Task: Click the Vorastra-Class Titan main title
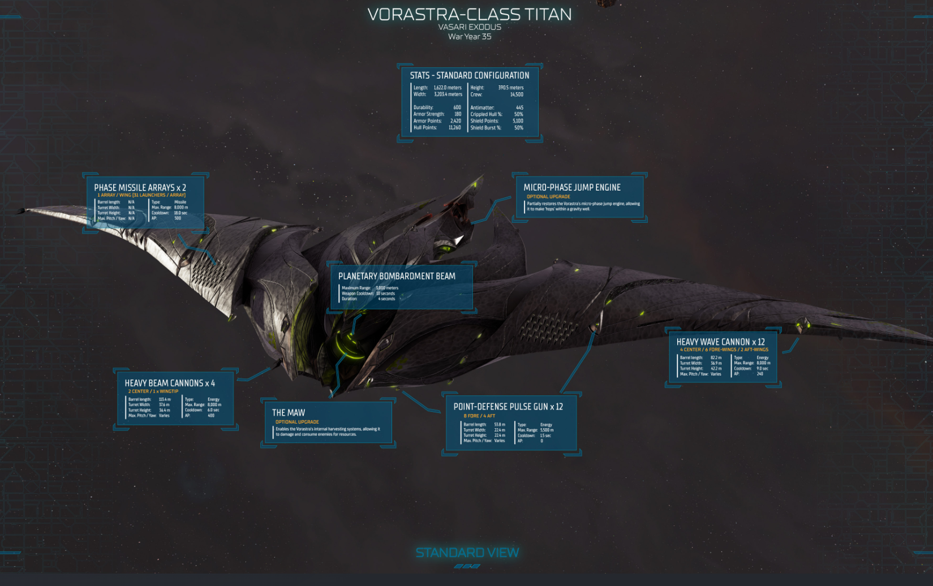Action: coord(470,14)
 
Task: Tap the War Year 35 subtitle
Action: coord(470,37)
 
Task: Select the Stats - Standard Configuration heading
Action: coord(470,75)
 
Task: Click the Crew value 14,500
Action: coord(517,94)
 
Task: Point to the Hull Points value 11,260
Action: coord(454,128)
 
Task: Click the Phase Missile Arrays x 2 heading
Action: coord(140,187)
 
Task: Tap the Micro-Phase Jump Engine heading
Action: coord(572,187)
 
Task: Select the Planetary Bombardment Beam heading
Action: coord(397,276)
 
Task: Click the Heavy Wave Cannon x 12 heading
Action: coord(720,342)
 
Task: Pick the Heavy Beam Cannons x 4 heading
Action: coord(170,383)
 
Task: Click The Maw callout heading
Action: coord(289,413)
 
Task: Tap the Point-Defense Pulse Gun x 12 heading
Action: coord(508,407)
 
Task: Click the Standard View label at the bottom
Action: coord(467,553)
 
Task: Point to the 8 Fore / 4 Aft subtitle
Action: coord(479,416)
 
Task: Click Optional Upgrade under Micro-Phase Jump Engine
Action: coord(548,197)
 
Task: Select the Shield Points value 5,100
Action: coord(518,121)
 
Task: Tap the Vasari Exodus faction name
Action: coord(470,27)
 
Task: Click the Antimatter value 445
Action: coord(519,107)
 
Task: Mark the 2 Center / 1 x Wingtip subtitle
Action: coord(153,391)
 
